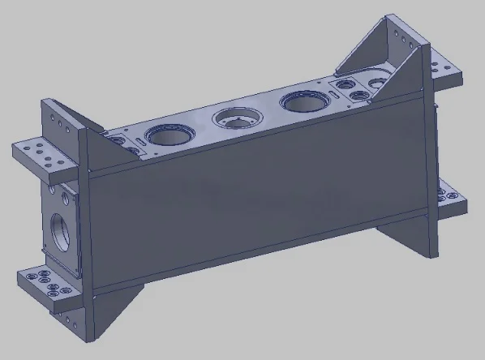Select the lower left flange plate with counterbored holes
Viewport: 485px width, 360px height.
point(45,285)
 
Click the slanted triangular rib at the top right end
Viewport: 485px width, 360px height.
point(381,57)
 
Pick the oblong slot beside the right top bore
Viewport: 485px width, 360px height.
point(333,95)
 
